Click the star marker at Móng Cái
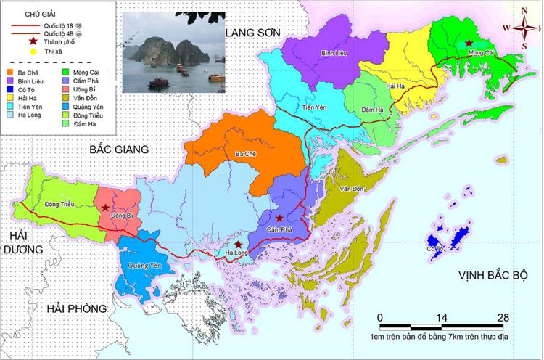click(469, 43)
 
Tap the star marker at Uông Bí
click(106, 208)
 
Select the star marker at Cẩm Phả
click(280, 218)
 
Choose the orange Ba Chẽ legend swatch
click(10, 73)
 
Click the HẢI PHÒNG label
click(76, 308)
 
